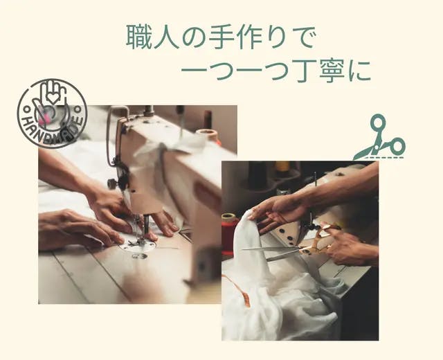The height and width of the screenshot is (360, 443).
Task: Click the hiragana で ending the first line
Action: click(303, 37)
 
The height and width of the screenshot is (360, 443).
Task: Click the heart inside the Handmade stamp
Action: click(53, 98)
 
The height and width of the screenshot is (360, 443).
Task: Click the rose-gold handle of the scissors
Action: click(321, 239)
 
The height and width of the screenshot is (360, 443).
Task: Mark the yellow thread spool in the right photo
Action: click(283, 166)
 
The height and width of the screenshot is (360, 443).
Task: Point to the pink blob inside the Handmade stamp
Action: click(44, 118)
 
